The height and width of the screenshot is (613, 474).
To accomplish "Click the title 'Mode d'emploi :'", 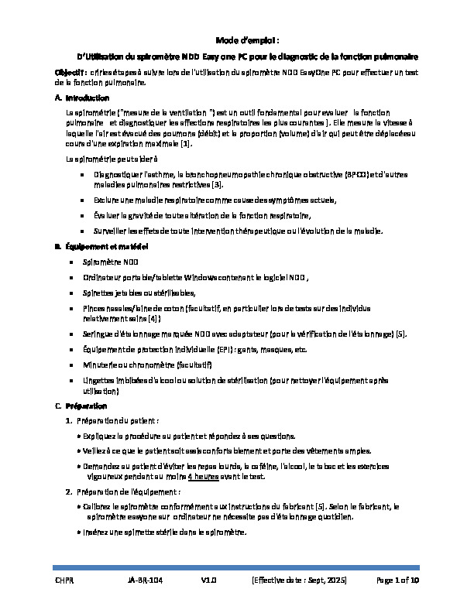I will (236, 40).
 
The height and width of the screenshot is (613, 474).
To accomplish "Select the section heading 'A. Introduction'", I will (77, 98).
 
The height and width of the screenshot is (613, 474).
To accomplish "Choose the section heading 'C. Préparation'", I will (81, 406).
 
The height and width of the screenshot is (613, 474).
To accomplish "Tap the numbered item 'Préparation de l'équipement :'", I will (128, 491).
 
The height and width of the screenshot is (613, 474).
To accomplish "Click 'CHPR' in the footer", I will (64, 580).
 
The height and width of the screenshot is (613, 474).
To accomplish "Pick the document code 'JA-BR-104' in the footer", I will (146, 580).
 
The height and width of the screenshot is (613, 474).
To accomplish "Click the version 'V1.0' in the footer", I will (209, 580).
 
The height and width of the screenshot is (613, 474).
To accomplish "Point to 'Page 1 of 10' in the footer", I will (397, 580).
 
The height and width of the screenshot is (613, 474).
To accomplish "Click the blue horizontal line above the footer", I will (237, 567).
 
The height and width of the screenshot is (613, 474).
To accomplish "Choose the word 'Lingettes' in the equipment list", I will (107, 381).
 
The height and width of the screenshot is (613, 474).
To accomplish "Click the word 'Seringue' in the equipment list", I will (108, 334).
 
